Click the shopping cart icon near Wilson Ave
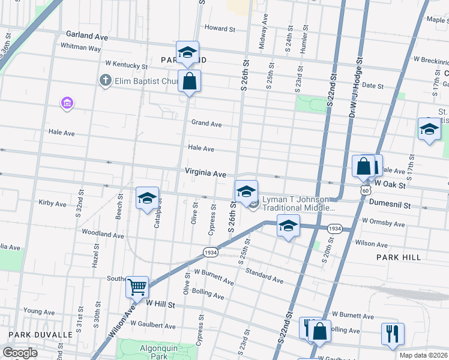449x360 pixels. tap(137, 287)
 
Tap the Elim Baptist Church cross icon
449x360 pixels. tap(106, 80)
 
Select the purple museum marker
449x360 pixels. tap(67, 104)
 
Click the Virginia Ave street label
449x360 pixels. tap(205, 173)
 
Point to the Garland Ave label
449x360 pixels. tap(87, 37)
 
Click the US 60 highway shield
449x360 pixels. tap(365, 190)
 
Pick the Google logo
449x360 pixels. tap(20, 353)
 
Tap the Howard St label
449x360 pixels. tap(220, 28)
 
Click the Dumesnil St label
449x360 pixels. tap(390, 205)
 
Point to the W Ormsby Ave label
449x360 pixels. tap(383, 223)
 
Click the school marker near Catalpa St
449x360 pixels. tap(147, 200)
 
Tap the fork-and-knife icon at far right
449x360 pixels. tap(393, 333)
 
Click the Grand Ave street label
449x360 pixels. tap(206, 124)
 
